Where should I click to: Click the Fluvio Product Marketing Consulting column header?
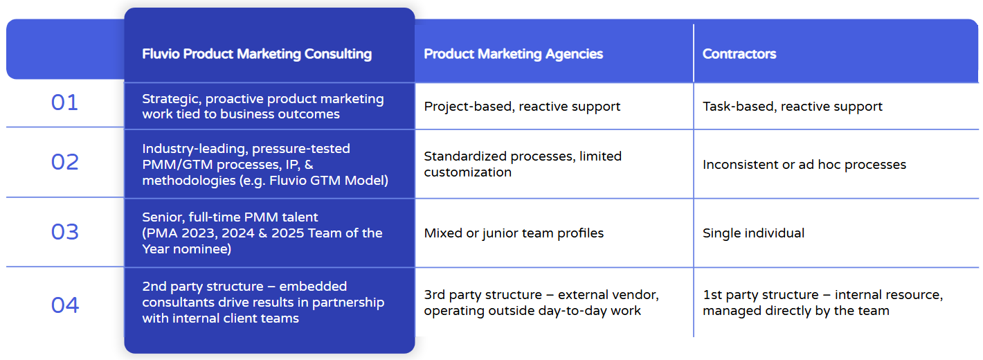pyautogui.click(x=257, y=54)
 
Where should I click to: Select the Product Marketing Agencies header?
pyautogui.click(x=513, y=54)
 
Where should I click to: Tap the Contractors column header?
pyautogui.click(x=739, y=54)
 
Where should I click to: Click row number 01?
pyautogui.click(x=64, y=103)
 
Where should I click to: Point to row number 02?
pyautogui.click(x=64, y=162)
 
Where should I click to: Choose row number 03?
pyautogui.click(x=64, y=232)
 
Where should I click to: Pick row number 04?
pyautogui.click(x=64, y=305)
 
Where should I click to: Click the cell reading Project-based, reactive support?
pyautogui.click(x=522, y=107)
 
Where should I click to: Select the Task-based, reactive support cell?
pyautogui.click(x=792, y=107)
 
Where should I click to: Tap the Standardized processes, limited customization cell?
pyautogui.click(x=523, y=164)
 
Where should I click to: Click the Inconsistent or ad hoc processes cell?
pyautogui.click(x=804, y=165)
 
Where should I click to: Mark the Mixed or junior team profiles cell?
pyautogui.click(x=514, y=233)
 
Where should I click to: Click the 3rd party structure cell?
pyautogui.click(x=541, y=303)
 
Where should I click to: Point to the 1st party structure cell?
pyautogui.click(x=822, y=303)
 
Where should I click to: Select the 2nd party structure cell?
pyautogui.click(x=263, y=302)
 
